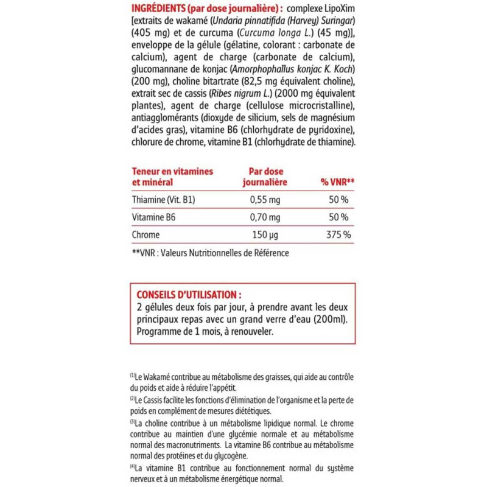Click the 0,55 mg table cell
pyautogui.click(x=266, y=200)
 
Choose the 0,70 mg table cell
pyautogui.click(x=266, y=217)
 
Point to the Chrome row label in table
pyautogui.click(x=145, y=235)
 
